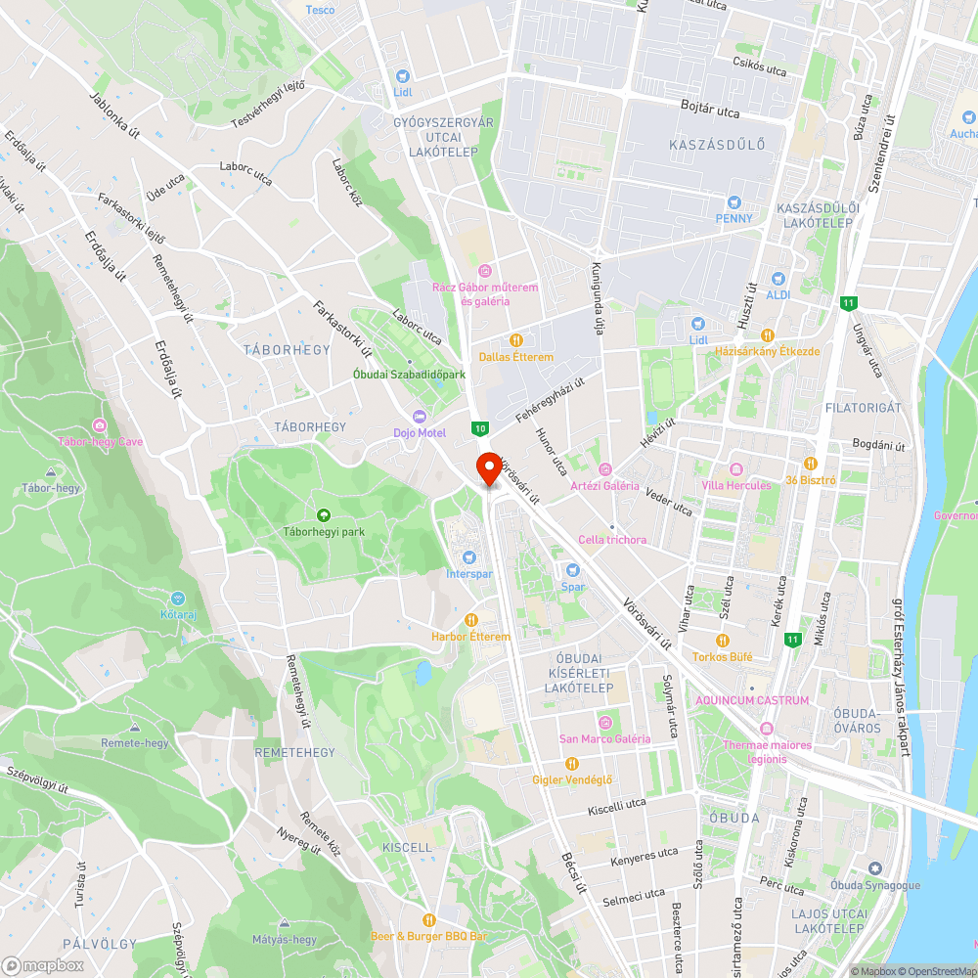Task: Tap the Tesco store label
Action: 320,10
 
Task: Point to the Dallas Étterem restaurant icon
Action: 515,340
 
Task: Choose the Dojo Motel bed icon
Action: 420,416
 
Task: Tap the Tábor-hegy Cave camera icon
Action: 100,425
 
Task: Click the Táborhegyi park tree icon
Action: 323,515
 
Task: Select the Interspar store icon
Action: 468,557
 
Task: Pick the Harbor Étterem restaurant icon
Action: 470,620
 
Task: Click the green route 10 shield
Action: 479,427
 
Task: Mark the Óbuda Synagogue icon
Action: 874,868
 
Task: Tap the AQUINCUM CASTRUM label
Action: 752,700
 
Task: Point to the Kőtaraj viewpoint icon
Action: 177,599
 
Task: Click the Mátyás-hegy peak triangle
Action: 285,923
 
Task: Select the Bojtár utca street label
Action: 705,104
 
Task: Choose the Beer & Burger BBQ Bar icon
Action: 428,920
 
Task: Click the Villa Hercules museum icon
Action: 735,468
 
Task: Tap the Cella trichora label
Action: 612,539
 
